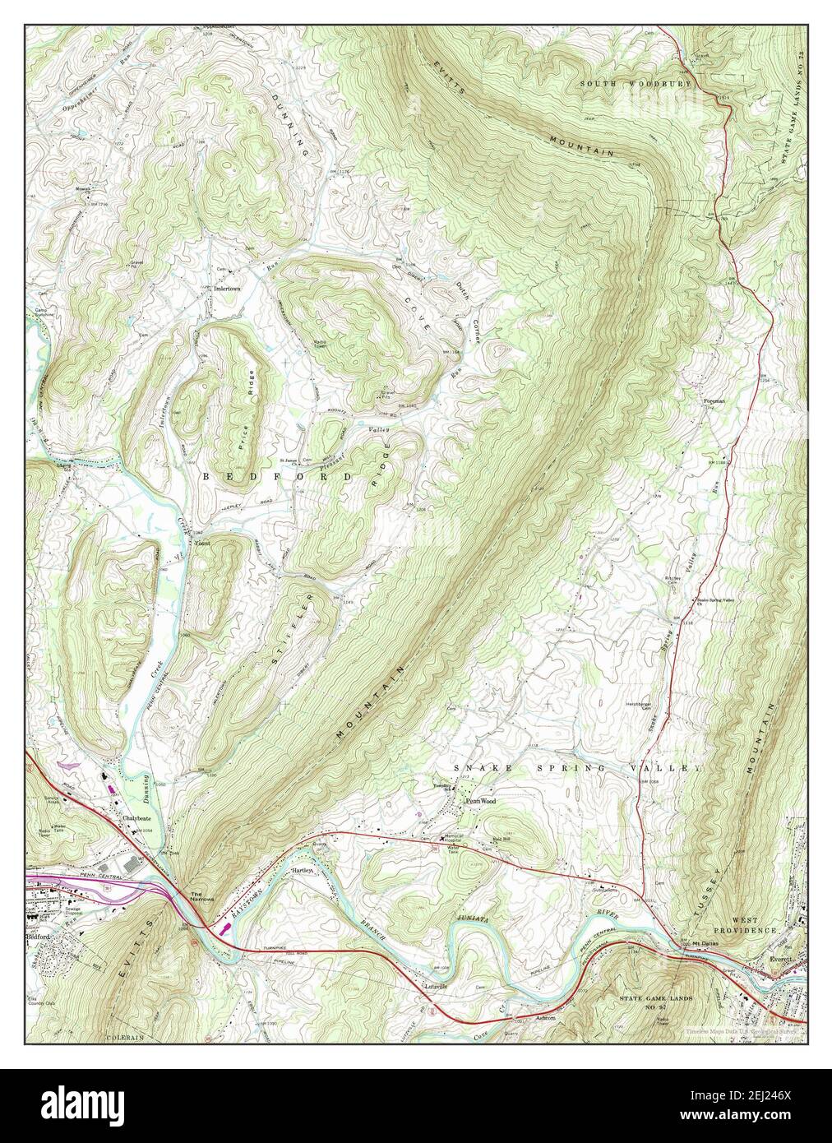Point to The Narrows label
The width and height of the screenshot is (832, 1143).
click(201, 896)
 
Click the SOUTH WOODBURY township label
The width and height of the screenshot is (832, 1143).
click(636, 84)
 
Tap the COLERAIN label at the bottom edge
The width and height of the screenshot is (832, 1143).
click(126, 1038)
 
